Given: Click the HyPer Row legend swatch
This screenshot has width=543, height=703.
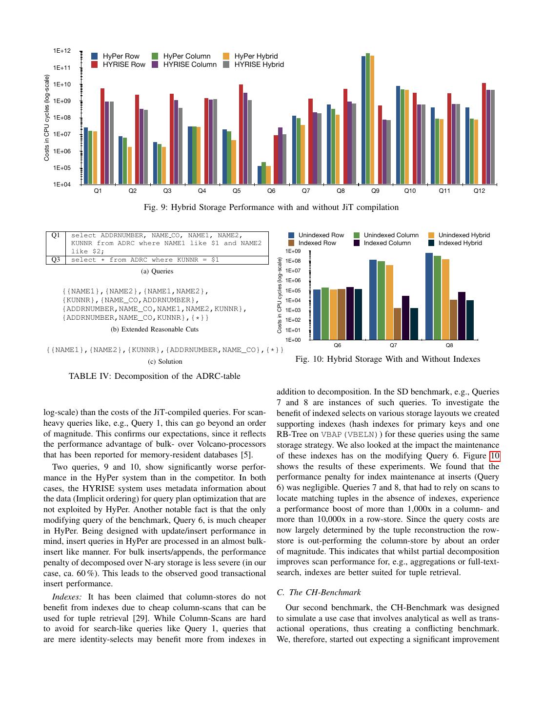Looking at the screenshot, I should click(94, 56).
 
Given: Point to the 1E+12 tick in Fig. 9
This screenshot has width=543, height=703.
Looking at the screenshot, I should click(62, 51).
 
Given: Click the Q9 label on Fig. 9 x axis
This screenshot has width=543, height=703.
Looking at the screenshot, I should click(375, 191).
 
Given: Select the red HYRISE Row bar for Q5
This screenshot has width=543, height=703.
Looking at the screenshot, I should click(241, 134).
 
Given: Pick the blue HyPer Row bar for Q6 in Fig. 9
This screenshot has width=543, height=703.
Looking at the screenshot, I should click(260, 175).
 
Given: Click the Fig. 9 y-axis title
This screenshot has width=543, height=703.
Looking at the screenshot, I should click(47, 118).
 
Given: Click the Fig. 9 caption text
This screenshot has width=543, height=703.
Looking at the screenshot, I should click(271, 207).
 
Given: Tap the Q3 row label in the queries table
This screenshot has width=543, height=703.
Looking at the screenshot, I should click(56, 260).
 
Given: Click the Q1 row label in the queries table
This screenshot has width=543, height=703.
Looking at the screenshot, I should click(56, 235).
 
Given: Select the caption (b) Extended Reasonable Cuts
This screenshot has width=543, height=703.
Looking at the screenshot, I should click(155, 329).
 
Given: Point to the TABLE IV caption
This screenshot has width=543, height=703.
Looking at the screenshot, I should click(155, 376).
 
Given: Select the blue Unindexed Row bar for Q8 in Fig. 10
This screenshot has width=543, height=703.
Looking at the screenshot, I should click(429, 296).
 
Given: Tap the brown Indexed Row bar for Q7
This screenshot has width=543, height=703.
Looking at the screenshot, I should click(397, 324).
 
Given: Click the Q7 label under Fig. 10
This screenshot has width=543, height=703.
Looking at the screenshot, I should click(393, 345).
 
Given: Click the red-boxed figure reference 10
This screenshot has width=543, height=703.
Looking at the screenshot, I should click(495, 456).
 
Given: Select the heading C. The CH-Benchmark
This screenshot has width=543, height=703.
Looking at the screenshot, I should click(319, 592).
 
